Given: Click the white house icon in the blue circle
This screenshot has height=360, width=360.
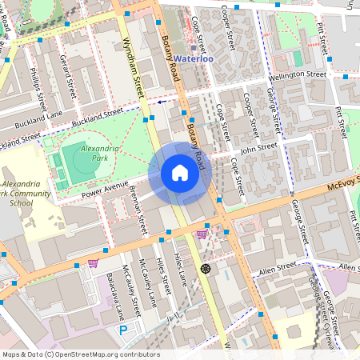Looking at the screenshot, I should click(x=180, y=173).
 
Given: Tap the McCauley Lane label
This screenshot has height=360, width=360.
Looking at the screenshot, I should click(x=126, y=286).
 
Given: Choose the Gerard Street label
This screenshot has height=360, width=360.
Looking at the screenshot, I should click(x=67, y=74).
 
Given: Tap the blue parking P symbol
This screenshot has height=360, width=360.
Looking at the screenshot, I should click(x=123, y=330).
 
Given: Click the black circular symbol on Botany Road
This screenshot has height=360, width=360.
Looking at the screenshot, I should click(x=206, y=268).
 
